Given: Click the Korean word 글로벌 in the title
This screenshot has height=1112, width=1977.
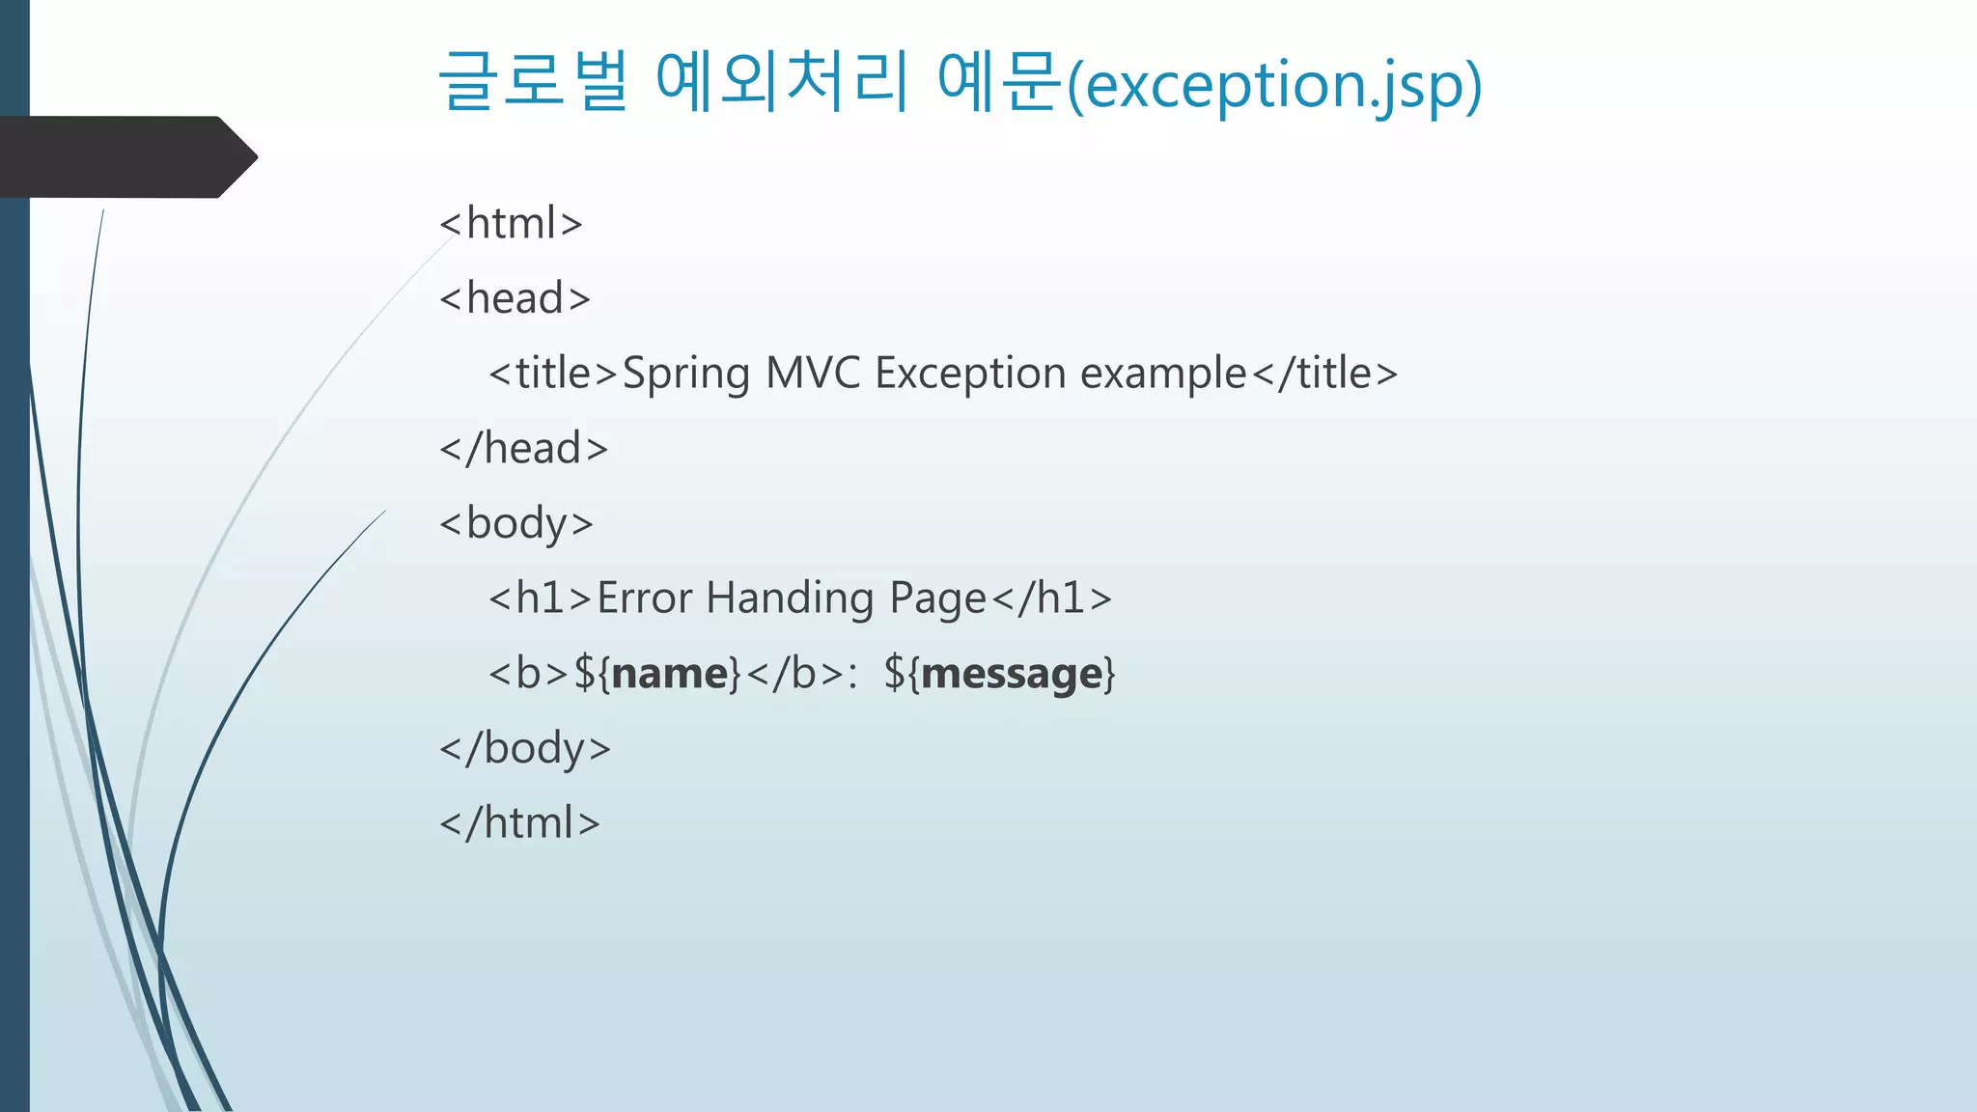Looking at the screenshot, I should pyautogui.click(x=534, y=81).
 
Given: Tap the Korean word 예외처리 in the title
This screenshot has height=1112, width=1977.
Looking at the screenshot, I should pyautogui.click(x=782, y=81).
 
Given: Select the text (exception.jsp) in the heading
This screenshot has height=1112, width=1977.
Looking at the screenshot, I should pyautogui.click(x=1274, y=85).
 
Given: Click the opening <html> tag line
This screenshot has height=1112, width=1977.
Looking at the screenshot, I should pyautogui.click(x=511, y=223).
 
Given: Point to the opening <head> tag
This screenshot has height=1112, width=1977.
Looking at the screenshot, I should pyautogui.click(x=515, y=298).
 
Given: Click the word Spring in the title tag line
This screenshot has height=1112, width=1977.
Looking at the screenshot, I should pyautogui.click(x=685, y=375).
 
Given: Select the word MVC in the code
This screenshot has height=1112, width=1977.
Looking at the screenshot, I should pyautogui.click(x=812, y=374).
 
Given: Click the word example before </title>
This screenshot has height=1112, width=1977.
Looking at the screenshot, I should pyautogui.click(x=1163, y=375).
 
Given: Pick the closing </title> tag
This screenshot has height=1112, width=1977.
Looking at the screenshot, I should pyautogui.click(x=1324, y=374).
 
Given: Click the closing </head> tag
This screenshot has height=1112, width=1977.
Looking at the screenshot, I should pyautogui.click(x=523, y=449).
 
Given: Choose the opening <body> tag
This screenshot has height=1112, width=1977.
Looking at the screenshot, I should pyautogui.click(x=515, y=524).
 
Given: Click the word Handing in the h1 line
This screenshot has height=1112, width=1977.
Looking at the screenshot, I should pyautogui.click(x=790, y=598).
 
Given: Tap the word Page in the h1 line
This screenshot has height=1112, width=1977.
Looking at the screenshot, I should pyautogui.click(x=937, y=599).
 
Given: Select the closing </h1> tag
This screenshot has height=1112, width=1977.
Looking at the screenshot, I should pyautogui.click(x=1052, y=598).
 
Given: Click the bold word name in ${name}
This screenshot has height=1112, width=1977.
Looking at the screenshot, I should pyautogui.click(x=669, y=674).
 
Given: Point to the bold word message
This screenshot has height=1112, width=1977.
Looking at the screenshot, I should pyautogui.click(x=1011, y=674).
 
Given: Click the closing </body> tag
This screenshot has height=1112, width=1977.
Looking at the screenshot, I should pyautogui.click(x=525, y=749).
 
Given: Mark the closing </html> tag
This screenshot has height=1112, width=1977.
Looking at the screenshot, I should pyautogui.click(x=519, y=823).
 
